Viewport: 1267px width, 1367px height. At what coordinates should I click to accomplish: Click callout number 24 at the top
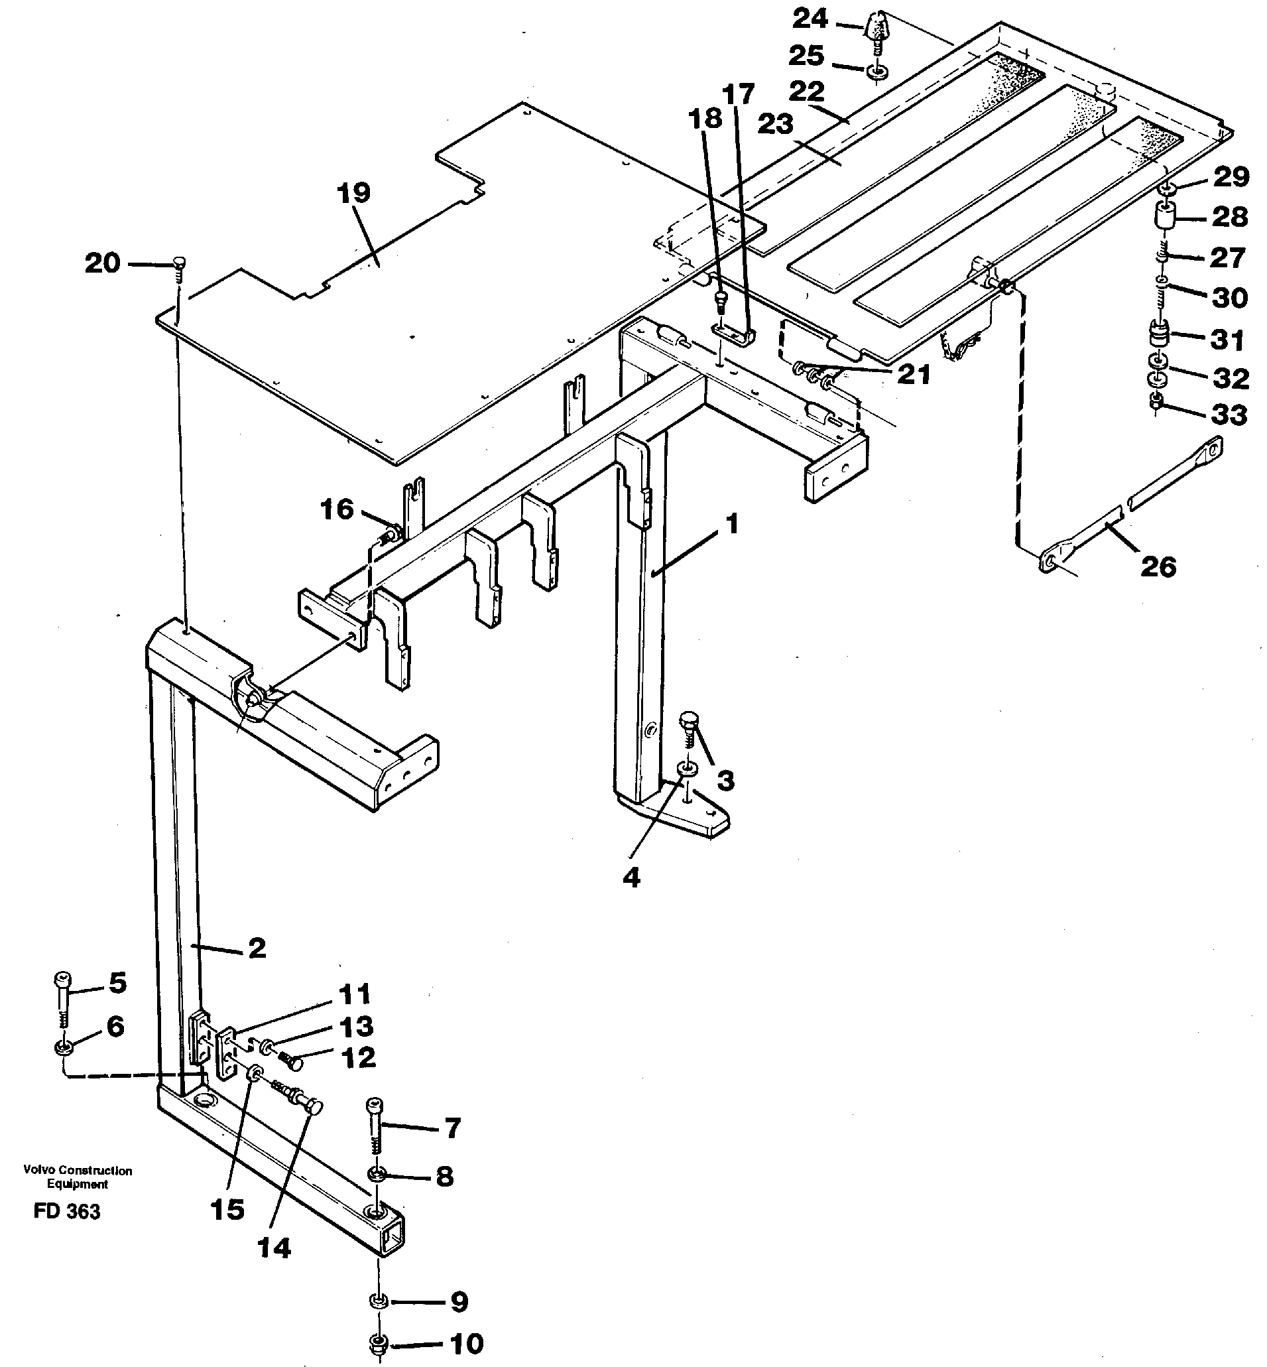(x=810, y=19)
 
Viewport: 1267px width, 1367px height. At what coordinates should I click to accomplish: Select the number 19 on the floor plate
(x=354, y=194)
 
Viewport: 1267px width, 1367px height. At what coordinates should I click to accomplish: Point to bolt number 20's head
(x=180, y=261)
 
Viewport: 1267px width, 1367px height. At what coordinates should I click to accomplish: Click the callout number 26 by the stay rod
(x=1158, y=566)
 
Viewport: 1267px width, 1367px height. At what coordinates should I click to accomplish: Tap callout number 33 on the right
(x=1229, y=415)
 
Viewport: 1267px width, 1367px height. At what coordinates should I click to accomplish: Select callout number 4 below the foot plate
(x=631, y=878)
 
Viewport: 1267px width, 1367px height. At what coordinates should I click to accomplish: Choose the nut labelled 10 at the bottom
(x=378, y=1344)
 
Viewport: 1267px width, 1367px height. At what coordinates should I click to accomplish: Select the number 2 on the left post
(x=257, y=948)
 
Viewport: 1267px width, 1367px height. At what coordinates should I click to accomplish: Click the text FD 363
(x=66, y=1212)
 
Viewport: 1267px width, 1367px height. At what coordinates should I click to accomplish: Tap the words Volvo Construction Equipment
(x=77, y=1177)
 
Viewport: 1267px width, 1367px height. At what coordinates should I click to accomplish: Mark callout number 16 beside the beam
(x=337, y=509)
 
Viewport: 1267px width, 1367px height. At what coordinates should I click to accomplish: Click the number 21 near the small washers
(x=913, y=375)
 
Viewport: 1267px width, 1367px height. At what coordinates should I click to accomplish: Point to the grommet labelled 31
(x=1158, y=337)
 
